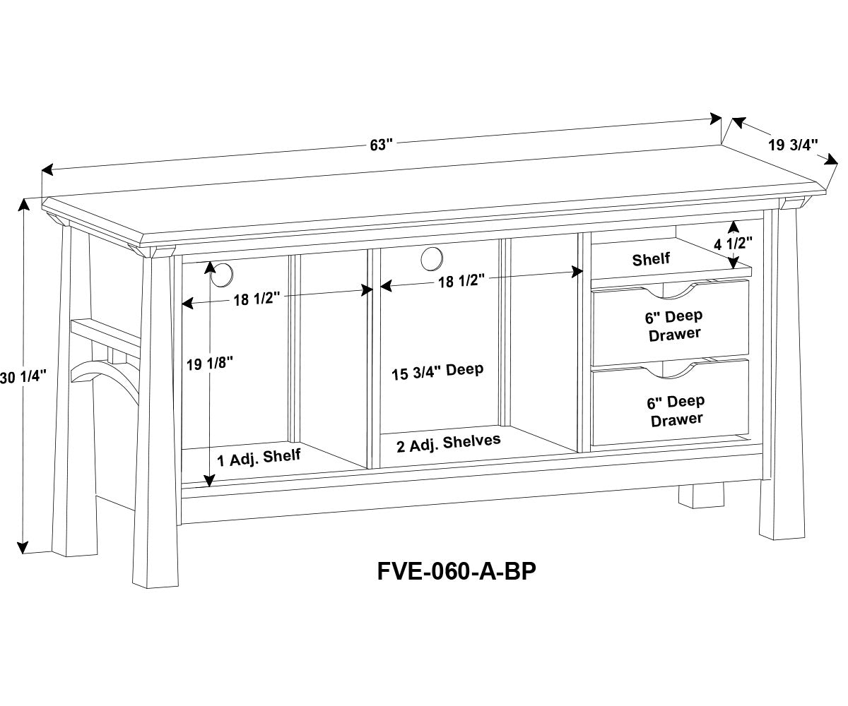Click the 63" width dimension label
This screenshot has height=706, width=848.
[380, 145]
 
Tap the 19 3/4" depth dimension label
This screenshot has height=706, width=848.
[793, 145]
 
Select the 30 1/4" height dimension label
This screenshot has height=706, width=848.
[23, 376]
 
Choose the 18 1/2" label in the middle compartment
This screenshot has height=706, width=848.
[461, 282]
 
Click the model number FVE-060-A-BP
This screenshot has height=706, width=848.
[456, 570]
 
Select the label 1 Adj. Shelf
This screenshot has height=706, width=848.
[259, 458]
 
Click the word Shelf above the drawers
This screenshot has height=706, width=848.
[651, 259]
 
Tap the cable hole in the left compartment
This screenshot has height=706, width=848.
[223, 275]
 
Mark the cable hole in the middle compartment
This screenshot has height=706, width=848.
[430, 259]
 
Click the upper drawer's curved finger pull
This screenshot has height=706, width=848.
[670, 290]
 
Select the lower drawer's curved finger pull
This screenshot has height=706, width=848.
[670, 370]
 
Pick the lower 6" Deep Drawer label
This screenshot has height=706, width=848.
[676, 410]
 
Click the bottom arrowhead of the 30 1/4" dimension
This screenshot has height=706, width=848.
[23, 547]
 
